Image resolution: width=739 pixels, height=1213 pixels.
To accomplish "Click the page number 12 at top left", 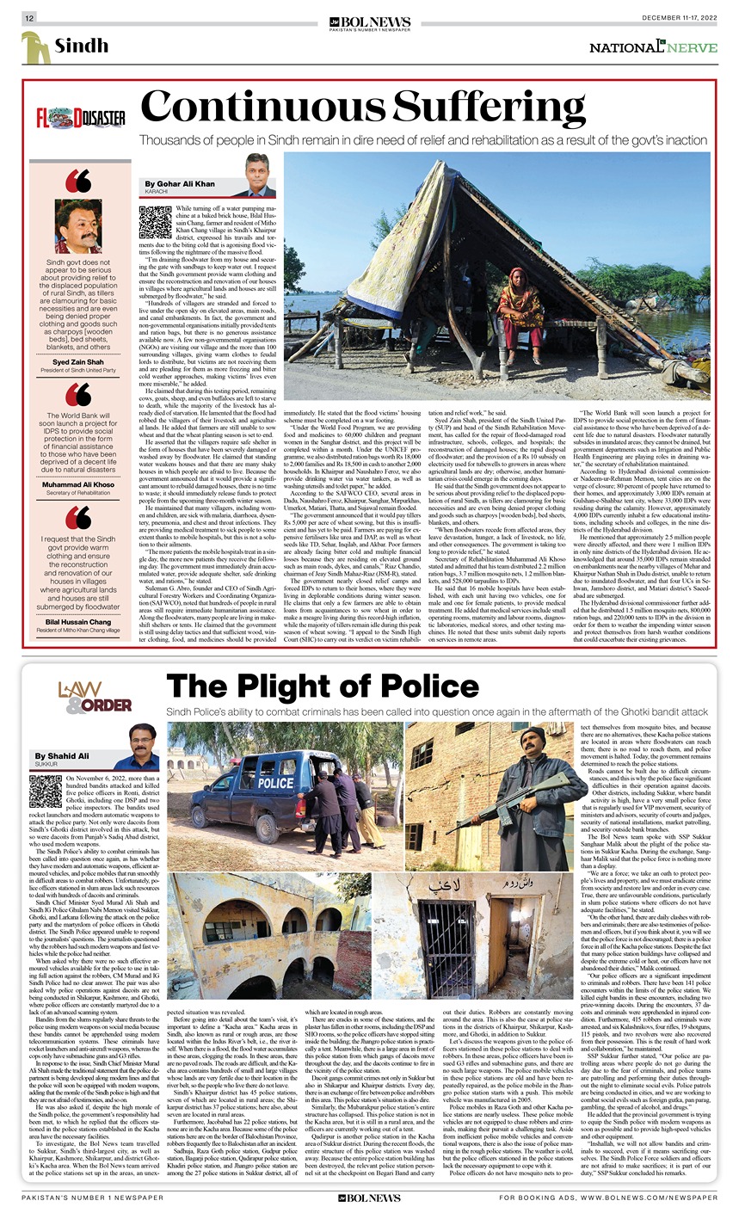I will point(29,18).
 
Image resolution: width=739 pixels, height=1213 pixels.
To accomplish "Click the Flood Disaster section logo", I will point(80,119).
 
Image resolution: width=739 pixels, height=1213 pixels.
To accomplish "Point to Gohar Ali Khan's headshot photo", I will point(259,175).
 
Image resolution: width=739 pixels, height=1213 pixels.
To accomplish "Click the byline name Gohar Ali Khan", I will point(179,184).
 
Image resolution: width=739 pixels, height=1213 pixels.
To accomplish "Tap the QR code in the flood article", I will point(155,222).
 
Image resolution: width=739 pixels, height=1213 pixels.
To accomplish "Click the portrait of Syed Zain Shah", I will point(78,226).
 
